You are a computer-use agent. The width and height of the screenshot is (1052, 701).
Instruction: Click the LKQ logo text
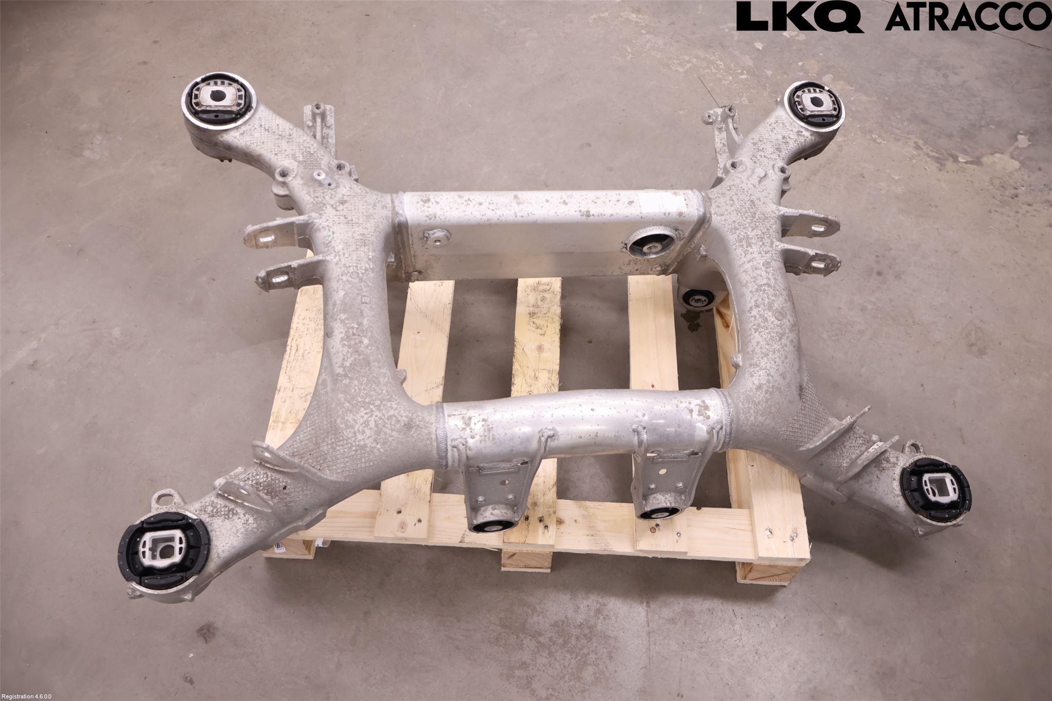pos(800,17)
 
